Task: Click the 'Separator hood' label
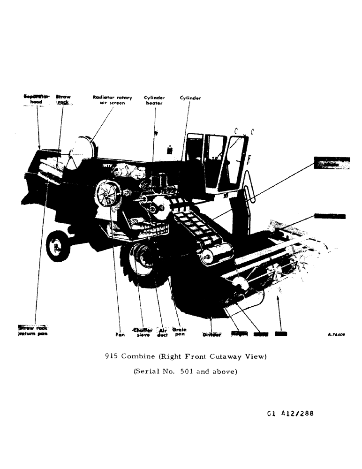pos(33,99)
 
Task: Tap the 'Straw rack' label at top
pos(63,99)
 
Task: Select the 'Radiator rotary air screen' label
pos(112,100)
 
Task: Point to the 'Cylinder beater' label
pos(154,100)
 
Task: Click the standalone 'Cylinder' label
pos(190,98)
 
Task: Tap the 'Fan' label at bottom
pos(120,335)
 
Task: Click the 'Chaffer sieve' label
pos(143,332)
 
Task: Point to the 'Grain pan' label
pos(180,332)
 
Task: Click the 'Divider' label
pos(211,334)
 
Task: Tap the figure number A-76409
pos(337,335)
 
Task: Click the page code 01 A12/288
pos(290,414)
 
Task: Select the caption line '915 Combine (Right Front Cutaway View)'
pos(186,356)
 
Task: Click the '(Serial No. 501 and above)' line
pos(186,371)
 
